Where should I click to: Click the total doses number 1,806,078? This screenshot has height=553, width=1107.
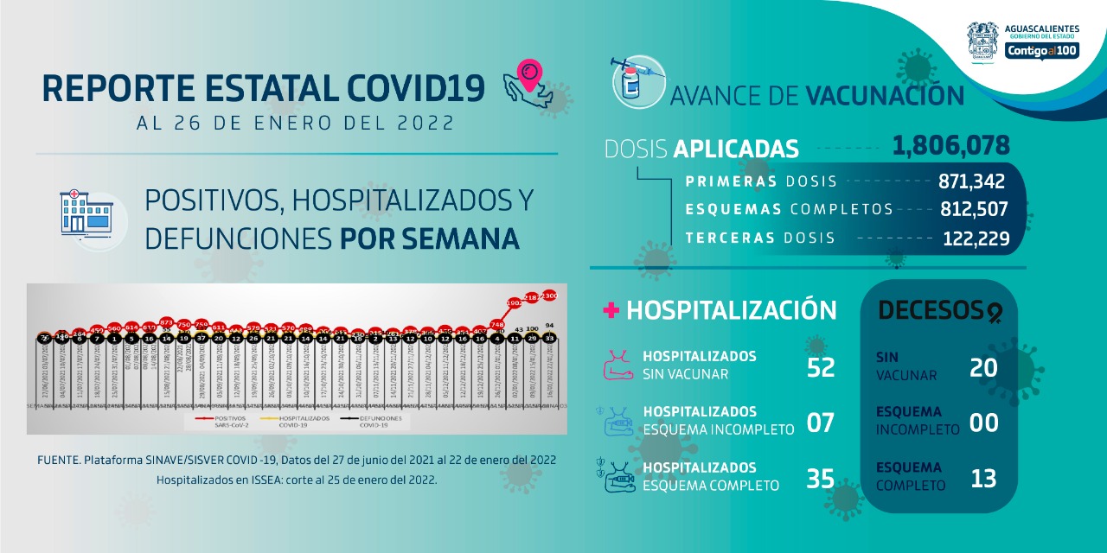pyautogui.click(x=950, y=145)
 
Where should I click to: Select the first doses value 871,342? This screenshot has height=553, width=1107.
pyautogui.click(x=971, y=181)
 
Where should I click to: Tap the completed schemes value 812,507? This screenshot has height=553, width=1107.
pyautogui.click(x=974, y=209)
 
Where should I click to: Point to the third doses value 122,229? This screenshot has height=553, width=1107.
pyautogui.click(x=976, y=238)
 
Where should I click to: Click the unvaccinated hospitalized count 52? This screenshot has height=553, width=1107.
pyautogui.click(x=820, y=367)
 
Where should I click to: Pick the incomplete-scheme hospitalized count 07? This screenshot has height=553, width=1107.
pyautogui.click(x=820, y=423)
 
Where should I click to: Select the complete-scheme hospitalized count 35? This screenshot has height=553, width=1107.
pyautogui.click(x=820, y=478)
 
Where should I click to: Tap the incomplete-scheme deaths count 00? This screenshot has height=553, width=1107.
pyautogui.click(x=983, y=423)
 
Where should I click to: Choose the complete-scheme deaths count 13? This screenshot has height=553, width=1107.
pyautogui.click(x=983, y=478)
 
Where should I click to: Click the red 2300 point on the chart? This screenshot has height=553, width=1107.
pyautogui.click(x=549, y=296)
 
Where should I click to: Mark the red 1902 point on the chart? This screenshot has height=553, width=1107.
pyautogui.click(x=514, y=303)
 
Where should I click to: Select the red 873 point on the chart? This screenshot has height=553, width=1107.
pyautogui.click(x=167, y=321)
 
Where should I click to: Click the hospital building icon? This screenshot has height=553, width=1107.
pyautogui.click(x=87, y=212)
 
